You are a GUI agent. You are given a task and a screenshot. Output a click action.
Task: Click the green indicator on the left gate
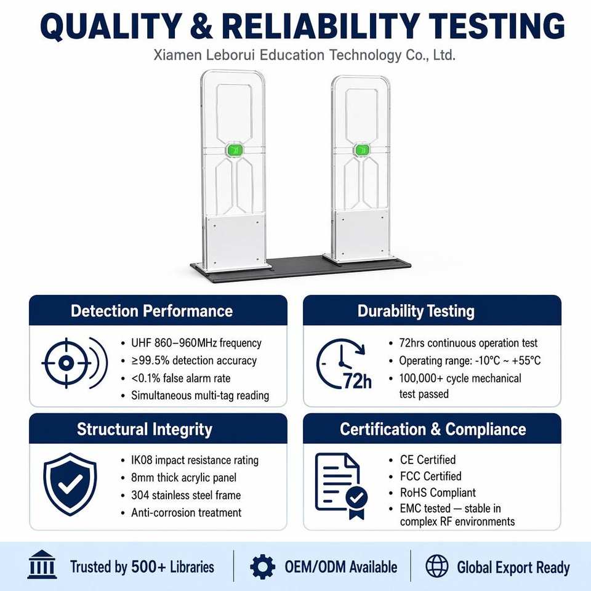pyautogui.click(x=235, y=150)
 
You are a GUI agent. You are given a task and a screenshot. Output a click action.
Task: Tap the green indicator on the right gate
pyautogui.click(x=362, y=150)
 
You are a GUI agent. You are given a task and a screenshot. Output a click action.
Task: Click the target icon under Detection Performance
pyautogui.click(x=74, y=363)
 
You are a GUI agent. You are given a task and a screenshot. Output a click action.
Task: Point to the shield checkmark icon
pyautogui.click(x=70, y=484)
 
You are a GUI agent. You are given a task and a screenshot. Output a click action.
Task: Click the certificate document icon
pyautogui.click(x=341, y=486)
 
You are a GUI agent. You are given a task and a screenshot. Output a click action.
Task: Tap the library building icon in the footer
pyautogui.click(x=42, y=565)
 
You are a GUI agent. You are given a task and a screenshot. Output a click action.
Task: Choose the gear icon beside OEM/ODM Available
pyautogui.click(x=262, y=566)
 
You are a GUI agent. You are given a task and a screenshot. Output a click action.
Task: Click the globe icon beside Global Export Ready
pyautogui.click(x=437, y=566)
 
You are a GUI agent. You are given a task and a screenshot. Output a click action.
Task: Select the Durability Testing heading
pyautogui.click(x=416, y=312)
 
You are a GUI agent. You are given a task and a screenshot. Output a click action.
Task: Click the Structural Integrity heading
pyautogui.click(x=144, y=429)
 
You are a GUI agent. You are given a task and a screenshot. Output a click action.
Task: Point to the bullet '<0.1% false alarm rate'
pyautogui.click(x=180, y=378)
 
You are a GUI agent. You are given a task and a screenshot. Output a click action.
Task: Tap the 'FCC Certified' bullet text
pyautogui.click(x=430, y=476)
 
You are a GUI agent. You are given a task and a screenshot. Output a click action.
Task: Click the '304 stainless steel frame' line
pyautogui.click(x=186, y=495)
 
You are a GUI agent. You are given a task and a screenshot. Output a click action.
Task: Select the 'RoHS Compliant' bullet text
pyautogui.click(x=438, y=492)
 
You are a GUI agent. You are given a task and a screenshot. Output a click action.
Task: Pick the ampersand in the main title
pyautogui.click(x=201, y=26)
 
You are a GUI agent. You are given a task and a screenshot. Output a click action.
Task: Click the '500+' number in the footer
pyautogui.click(x=148, y=566)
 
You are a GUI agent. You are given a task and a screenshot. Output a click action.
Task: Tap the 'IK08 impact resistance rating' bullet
pyautogui.click(x=195, y=460)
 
